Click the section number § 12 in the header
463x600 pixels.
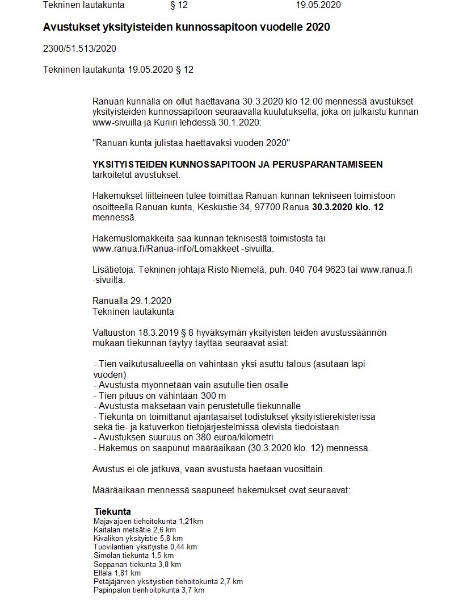click(x=179, y=5)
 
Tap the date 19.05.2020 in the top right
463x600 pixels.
click(x=318, y=5)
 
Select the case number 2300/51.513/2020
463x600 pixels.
click(x=79, y=48)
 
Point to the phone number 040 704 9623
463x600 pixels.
click(x=317, y=269)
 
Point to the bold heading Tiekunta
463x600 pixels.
click(x=112, y=511)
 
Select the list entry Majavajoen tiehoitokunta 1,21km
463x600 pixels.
click(x=148, y=521)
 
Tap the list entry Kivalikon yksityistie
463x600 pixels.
click(x=128, y=538)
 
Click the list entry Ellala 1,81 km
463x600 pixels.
click(x=117, y=573)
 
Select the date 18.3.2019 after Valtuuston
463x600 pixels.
click(x=157, y=332)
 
